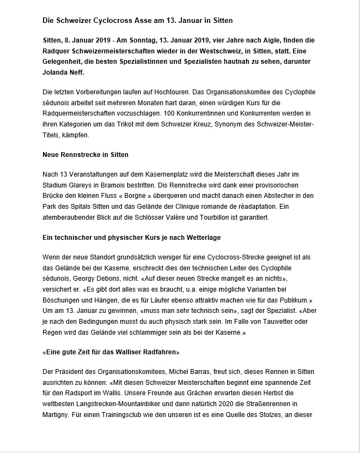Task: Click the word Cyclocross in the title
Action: coord(109,20)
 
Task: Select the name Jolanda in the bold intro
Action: coord(57,73)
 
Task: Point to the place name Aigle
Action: coord(246,41)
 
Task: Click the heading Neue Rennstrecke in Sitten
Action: coord(85,155)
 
